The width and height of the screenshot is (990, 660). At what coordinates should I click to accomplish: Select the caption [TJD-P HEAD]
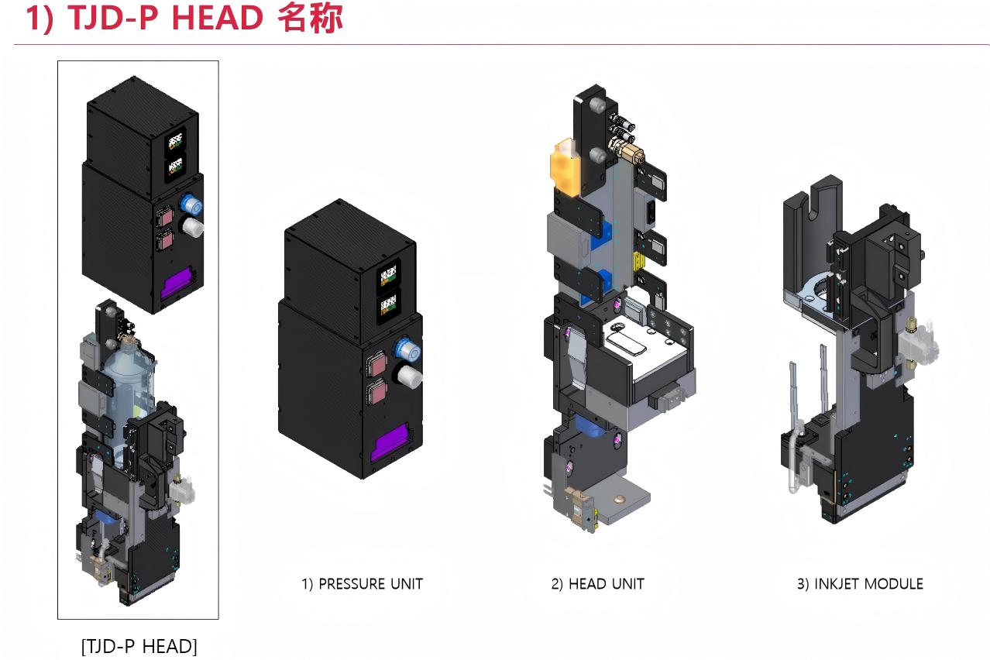coord(139,645)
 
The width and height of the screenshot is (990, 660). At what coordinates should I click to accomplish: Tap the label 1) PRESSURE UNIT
coord(362,583)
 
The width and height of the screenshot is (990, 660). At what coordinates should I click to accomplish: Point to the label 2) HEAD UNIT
coord(597,583)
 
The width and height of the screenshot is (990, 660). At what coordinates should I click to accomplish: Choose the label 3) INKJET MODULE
coord(860,583)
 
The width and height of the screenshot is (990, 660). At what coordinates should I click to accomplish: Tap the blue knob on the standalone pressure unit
coord(406,349)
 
